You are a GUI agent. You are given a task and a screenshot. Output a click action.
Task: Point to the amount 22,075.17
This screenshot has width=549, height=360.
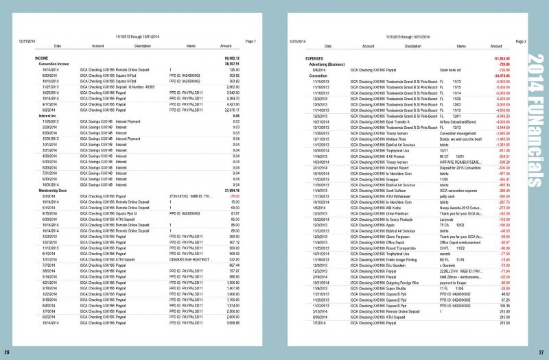click(231, 109)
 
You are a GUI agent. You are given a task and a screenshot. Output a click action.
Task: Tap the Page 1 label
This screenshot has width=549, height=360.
click(250, 41)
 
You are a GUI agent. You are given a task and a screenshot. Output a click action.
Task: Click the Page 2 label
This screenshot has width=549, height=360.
click(520, 41)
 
